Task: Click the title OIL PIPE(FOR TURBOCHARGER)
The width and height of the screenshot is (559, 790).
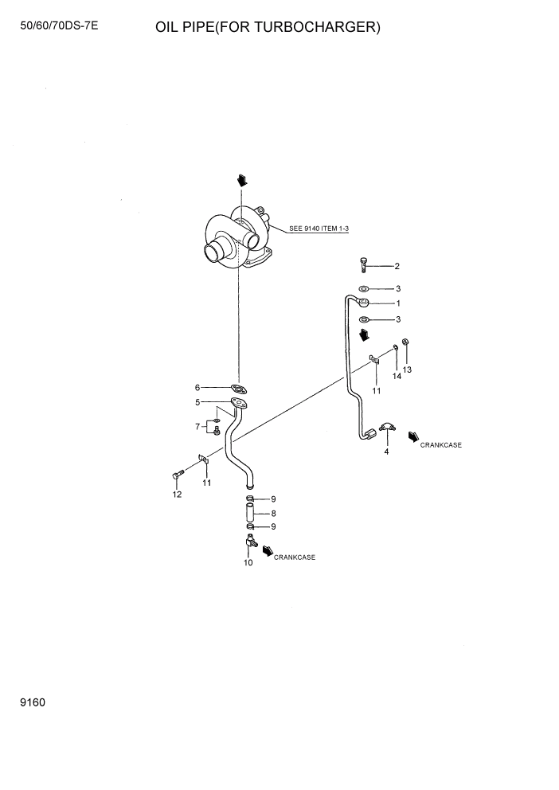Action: tap(268, 28)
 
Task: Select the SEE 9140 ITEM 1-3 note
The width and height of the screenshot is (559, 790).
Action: tap(319, 229)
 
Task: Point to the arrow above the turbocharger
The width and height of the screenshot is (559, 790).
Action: tap(241, 180)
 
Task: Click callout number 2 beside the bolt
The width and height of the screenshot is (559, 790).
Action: tap(397, 266)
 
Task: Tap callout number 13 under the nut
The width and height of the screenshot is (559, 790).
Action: tap(407, 370)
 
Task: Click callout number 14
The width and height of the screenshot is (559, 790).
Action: tap(397, 376)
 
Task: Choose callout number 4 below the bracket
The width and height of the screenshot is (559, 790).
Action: tap(386, 452)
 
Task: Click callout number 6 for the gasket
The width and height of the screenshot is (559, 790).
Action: tap(197, 388)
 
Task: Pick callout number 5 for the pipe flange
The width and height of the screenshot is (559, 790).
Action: tap(197, 403)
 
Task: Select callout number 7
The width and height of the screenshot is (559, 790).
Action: tap(197, 427)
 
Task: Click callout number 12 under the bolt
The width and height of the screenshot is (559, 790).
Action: tap(177, 495)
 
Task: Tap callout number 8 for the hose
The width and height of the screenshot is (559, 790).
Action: tap(273, 514)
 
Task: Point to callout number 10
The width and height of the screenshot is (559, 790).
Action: tap(248, 563)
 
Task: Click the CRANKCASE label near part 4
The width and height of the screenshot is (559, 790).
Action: tap(441, 445)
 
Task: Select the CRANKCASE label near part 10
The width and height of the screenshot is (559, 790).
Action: tap(295, 557)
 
